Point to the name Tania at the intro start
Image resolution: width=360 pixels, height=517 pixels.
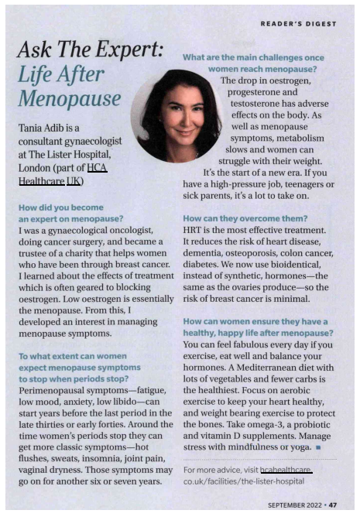click(x=34, y=127)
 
